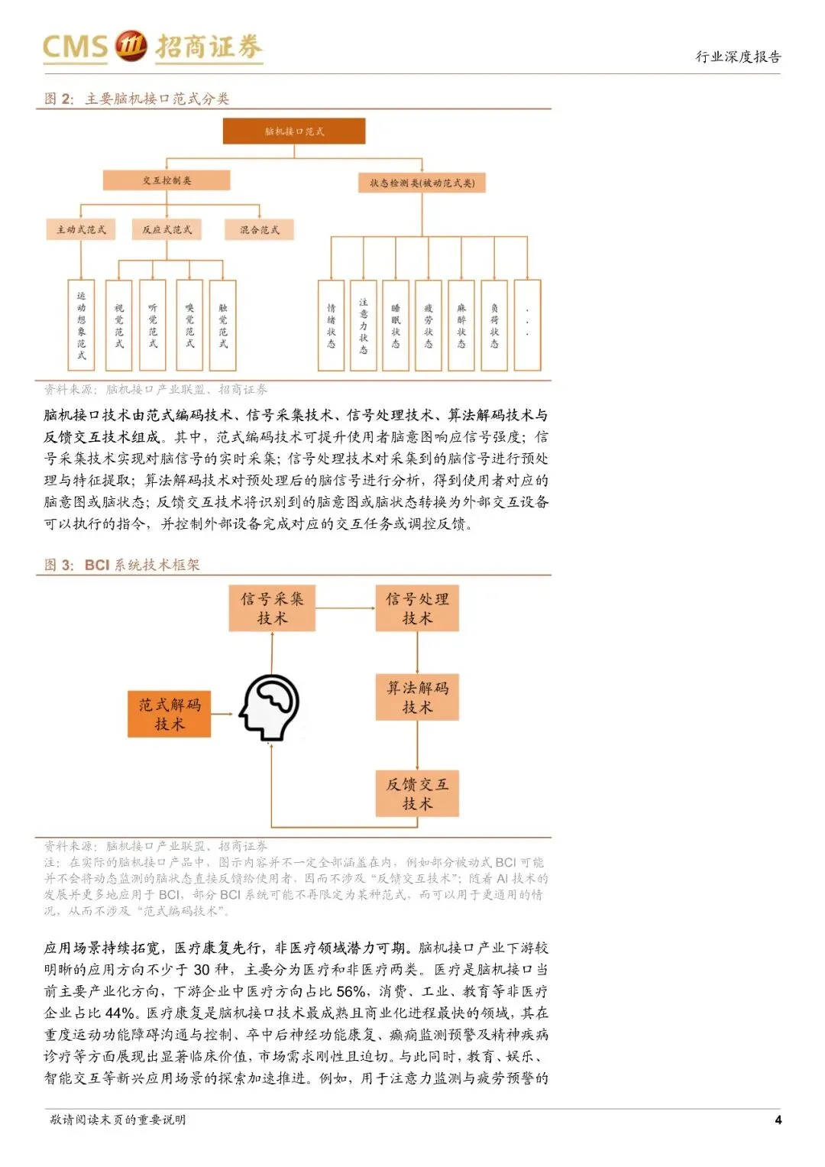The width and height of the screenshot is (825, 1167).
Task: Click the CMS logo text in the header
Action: click(75, 47)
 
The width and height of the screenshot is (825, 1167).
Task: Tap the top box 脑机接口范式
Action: click(294, 131)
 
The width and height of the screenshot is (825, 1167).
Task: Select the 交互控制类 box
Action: click(167, 180)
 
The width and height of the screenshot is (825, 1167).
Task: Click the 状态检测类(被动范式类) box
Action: click(422, 183)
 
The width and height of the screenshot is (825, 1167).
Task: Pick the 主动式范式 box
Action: click(81, 229)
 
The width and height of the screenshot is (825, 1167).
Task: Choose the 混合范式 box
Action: click(260, 229)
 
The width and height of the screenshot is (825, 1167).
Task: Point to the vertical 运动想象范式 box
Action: click(81, 326)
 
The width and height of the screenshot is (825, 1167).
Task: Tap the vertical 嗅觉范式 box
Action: click(189, 326)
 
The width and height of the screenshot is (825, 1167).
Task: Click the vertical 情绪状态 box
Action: click(331, 326)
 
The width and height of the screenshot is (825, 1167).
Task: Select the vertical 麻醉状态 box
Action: click(461, 326)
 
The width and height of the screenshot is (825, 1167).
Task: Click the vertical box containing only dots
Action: click(527, 326)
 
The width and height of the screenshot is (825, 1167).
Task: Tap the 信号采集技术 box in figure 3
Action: click(272, 608)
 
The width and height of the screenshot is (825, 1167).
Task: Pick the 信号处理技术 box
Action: click(417, 608)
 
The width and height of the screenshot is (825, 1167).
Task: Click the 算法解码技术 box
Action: click(417, 697)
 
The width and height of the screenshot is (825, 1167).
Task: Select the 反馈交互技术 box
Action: click(417, 793)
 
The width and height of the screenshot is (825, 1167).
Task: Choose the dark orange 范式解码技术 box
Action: click(169, 714)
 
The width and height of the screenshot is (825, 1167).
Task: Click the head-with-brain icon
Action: click(269, 708)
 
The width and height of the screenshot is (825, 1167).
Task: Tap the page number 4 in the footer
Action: click(778, 1120)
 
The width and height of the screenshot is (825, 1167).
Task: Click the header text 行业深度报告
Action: click(738, 57)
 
